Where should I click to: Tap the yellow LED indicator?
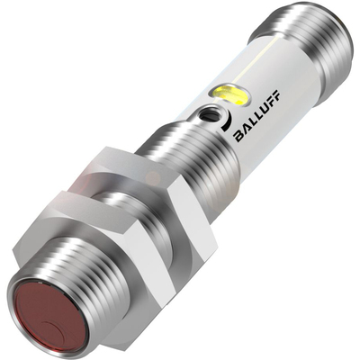[x=229, y=95]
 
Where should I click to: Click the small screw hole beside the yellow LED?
[x=209, y=114]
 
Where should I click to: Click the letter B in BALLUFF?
[x=240, y=136]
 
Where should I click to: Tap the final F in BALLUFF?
[x=276, y=95]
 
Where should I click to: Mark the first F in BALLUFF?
[x=271, y=103]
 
